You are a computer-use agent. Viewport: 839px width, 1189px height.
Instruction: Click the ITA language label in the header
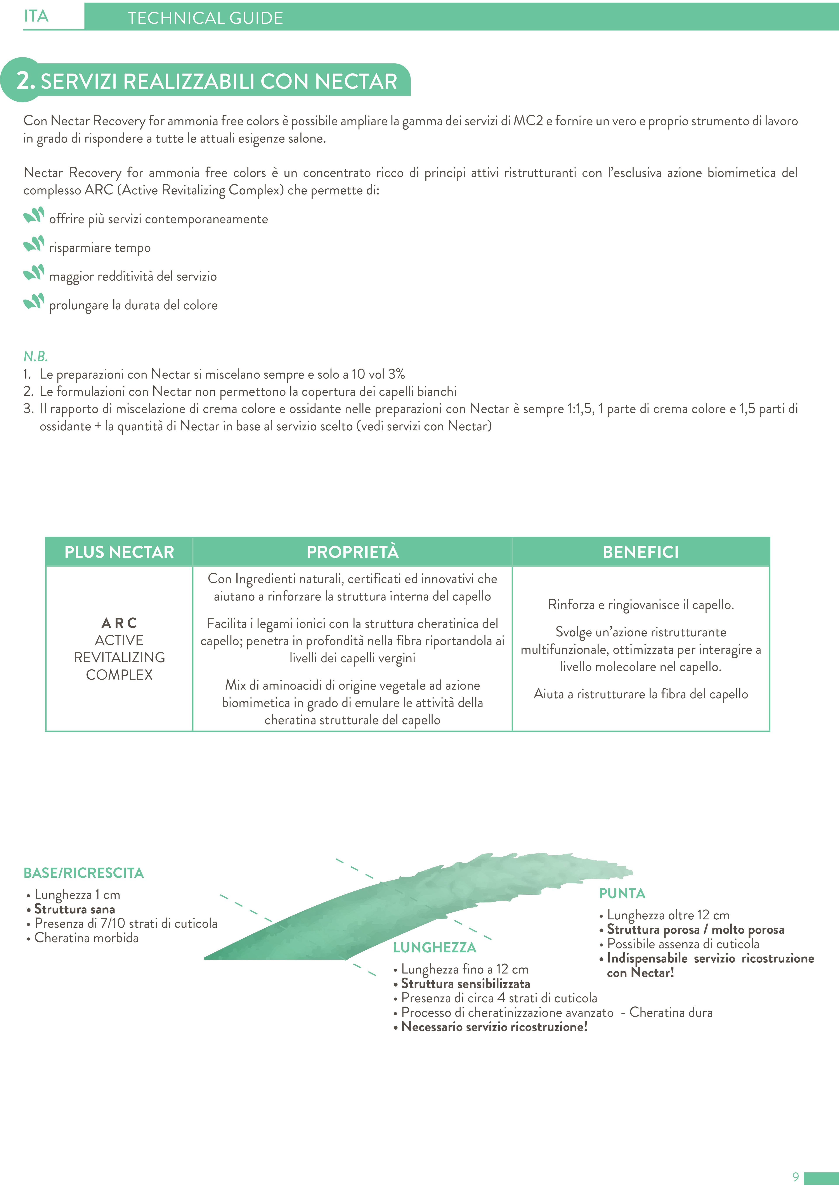36,17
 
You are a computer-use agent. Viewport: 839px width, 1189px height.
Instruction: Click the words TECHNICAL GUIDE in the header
206,18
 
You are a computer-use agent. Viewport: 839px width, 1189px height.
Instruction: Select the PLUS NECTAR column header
119,552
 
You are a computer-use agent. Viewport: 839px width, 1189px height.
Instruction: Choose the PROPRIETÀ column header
353,552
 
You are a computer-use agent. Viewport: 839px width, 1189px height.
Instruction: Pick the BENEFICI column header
641,552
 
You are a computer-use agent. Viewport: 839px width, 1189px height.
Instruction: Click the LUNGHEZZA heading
435,948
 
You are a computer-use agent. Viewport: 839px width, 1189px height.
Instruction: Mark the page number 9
796,1177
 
